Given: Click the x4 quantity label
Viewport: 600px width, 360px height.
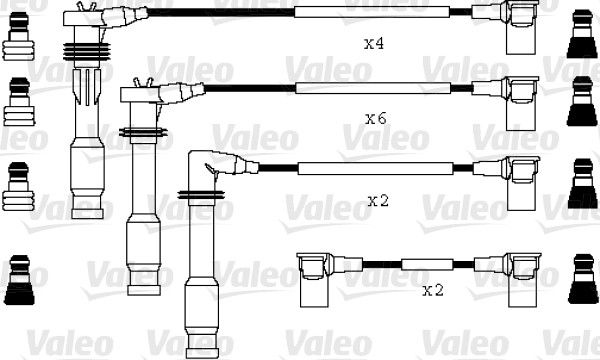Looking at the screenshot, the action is tap(374, 44).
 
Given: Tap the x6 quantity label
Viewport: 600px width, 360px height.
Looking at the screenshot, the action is tap(376, 119).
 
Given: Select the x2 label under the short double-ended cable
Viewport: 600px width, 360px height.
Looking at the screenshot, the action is tap(433, 290).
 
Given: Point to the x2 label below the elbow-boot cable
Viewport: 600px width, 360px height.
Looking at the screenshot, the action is tap(378, 200).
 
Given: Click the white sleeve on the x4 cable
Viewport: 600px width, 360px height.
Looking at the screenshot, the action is tap(372, 12).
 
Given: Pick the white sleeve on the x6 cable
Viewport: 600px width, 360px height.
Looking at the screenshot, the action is tap(373, 88).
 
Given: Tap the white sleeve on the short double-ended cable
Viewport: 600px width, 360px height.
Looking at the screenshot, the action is tap(427, 264).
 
